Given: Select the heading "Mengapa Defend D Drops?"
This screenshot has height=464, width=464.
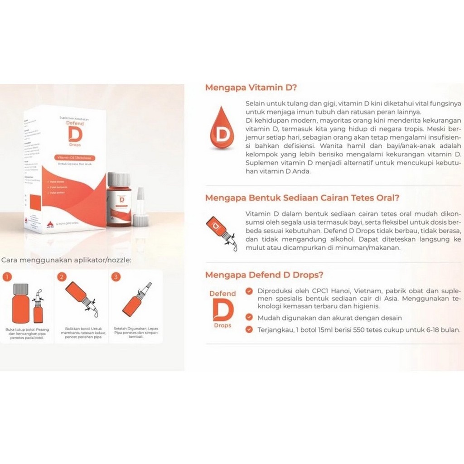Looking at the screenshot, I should [x=264, y=275].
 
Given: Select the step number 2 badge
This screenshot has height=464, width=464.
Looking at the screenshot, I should [x=62, y=276].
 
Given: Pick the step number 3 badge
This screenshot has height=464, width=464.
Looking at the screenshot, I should [x=117, y=276].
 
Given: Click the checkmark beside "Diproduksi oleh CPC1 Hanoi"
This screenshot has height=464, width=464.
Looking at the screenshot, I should [x=249, y=291].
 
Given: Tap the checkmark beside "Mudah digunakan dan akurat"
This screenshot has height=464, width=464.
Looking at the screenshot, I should [x=249, y=318].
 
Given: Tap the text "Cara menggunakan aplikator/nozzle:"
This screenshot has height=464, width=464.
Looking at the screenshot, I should [x=67, y=260].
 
